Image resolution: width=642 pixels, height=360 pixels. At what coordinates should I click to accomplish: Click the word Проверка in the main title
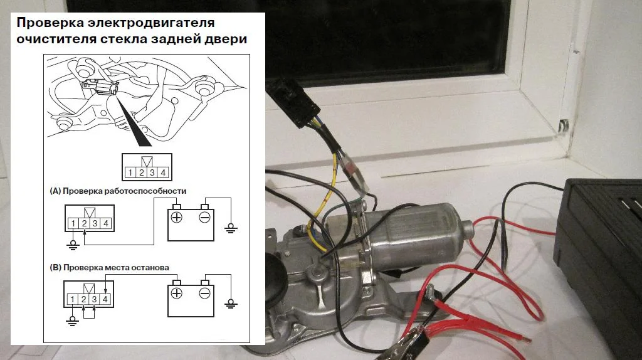[51, 23]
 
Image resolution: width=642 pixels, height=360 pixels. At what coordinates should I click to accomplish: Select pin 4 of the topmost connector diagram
[163, 172]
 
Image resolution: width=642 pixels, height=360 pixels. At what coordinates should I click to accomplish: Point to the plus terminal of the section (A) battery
[177, 218]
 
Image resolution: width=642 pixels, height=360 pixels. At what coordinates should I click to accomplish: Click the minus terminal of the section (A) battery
[204, 218]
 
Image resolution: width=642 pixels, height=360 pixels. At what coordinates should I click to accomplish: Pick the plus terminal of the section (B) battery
[177, 294]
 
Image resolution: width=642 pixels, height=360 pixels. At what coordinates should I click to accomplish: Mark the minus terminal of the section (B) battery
[204, 294]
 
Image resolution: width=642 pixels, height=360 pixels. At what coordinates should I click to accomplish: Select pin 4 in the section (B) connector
[105, 299]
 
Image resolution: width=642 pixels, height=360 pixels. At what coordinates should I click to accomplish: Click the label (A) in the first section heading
[55, 190]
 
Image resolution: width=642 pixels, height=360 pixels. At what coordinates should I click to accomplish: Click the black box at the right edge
[602, 251]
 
